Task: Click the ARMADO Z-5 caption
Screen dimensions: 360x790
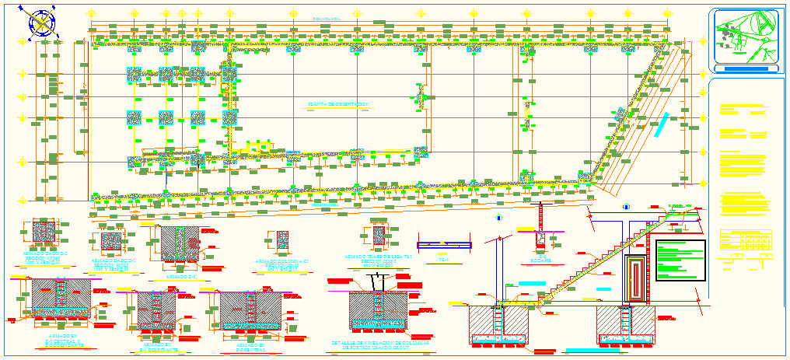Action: pyautogui.click(x=181, y=276)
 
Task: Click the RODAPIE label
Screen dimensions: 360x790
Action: pyautogui.click(x=540, y=261)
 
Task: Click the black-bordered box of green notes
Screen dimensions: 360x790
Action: pyautogui.click(x=680, y=260)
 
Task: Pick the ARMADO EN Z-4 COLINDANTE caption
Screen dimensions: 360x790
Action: pyautogui.click(x=158, y=346)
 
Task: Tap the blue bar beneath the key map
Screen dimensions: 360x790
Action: pyautogui.click(x=744, y=69)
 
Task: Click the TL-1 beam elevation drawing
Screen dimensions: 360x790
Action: pyautogui.click(x=444, y=246)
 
